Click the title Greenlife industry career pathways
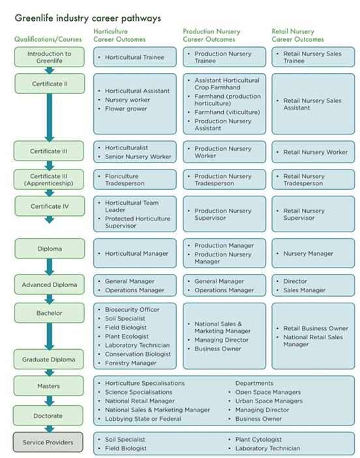[88, 18]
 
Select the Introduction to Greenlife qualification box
[50, 57]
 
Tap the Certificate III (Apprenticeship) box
[50, 179]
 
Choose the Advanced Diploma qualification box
[50, 284]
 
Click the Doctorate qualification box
[50, 415]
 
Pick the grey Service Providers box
[50, 442]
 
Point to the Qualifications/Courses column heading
[48, 39]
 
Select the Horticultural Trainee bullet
[134, 57]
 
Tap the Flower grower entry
[126, 109]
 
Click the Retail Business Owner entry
[316, 328]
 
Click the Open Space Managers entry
[268, 392]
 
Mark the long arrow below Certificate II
[50, 117]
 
